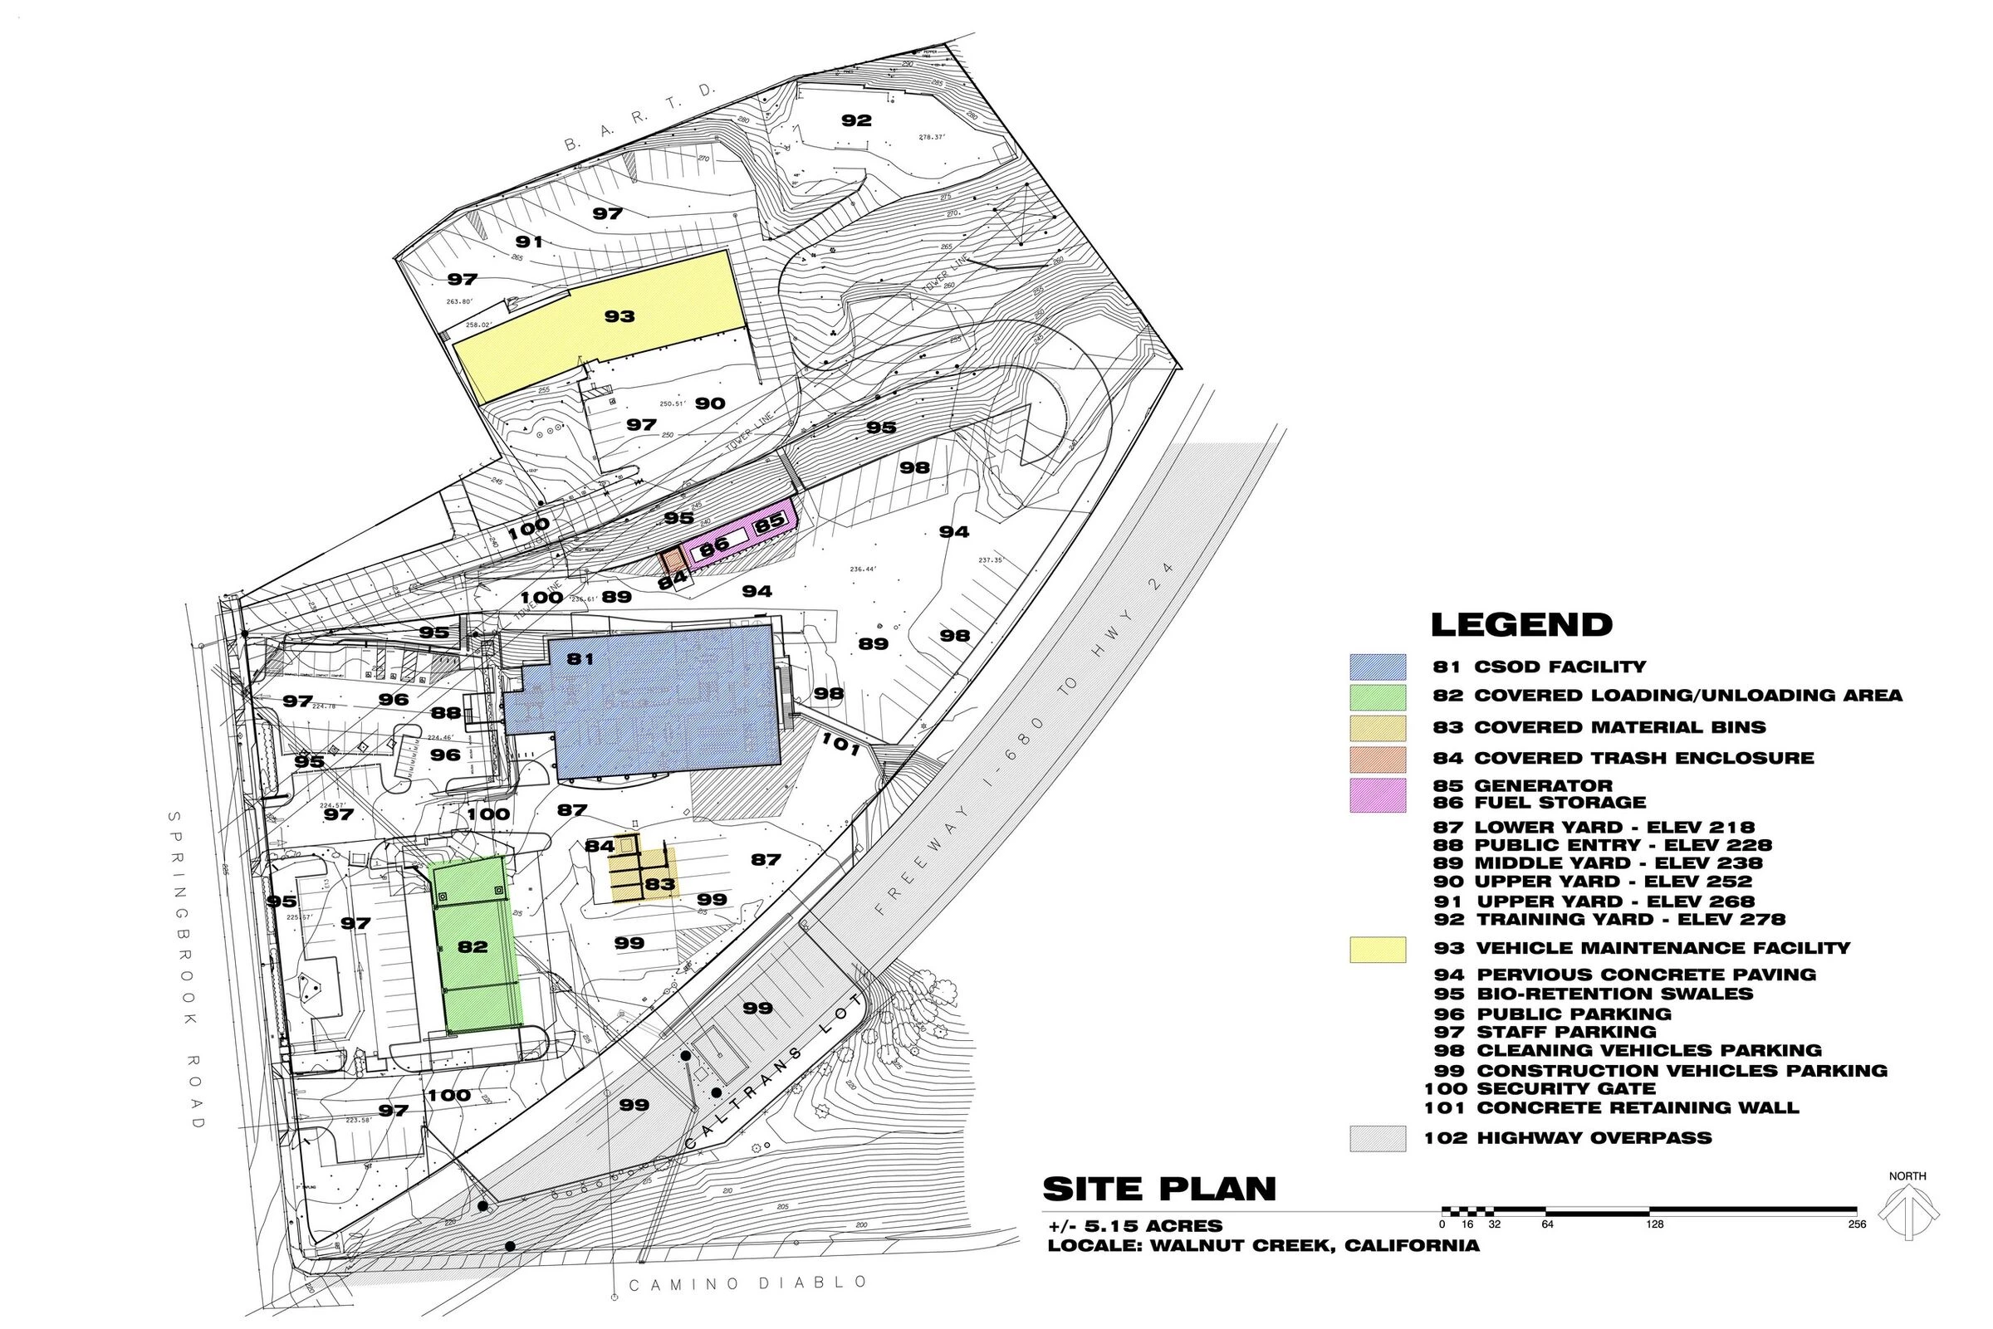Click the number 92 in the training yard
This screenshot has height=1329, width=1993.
pyautogui.click(x=856, y=120)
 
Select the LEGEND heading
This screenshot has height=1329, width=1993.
pyautogui.click(x=1520, y=625)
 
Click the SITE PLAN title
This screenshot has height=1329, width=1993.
pyautogui.click(x=1158, y=1190)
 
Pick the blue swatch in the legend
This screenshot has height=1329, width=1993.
pyautogui.click(x=1378, y=667)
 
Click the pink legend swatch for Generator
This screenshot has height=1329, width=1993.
pyautogui.click(x=1378, y=794)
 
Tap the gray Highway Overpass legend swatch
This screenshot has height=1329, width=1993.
pyautogui.click(x=1378, y=1138)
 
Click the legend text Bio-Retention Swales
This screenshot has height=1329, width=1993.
pyautogui.click(x=1614, y=994)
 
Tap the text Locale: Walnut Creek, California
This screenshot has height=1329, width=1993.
pyautogui.click(x=1263, y=1246)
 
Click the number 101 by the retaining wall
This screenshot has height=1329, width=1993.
pyautogui.click(x=841, y=745)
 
